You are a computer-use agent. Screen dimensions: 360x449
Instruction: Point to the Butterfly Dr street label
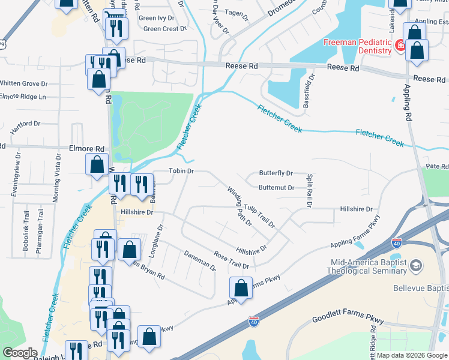(276, 173)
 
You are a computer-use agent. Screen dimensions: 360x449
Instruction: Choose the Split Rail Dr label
(310, 191)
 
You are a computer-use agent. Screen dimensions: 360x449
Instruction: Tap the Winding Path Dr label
(239, 206)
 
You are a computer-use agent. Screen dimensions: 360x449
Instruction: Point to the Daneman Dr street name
(200, 260)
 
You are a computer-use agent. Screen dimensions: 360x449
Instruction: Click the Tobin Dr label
(181, 171)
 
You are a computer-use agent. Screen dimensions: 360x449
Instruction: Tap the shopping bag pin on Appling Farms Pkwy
(241, 288)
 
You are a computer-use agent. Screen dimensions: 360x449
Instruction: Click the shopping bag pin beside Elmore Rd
(97, 164)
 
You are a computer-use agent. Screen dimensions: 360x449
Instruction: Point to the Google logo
(19, 353)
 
